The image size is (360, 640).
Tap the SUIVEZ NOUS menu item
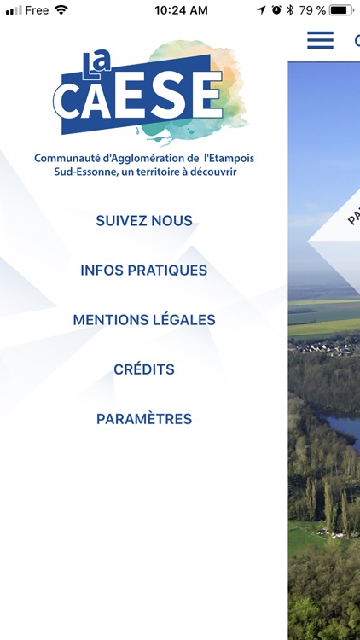(144, 221)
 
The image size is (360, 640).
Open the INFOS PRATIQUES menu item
(144, 271)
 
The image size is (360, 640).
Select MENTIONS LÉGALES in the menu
(144, 320)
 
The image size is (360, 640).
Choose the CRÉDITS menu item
(144, 369)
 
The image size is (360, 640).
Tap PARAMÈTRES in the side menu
(144, 419)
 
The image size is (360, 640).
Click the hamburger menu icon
(320, 40)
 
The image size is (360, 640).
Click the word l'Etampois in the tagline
(229, 159)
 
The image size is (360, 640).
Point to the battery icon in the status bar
(340, 10)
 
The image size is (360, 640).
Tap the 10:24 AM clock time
(181, 10)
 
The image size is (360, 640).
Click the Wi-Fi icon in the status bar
(61, 10)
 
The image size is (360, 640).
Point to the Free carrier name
(37, 10)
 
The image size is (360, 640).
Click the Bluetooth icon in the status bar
(289, 10)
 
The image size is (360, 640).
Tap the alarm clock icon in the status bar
(276, 10)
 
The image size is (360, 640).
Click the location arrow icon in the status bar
(262, 10)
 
